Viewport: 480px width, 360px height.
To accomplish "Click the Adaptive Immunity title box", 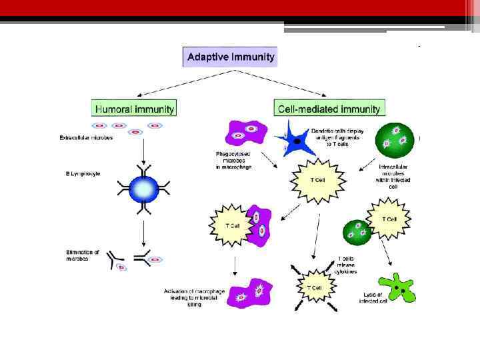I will point(230,57).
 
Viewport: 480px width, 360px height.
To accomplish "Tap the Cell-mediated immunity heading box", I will point(329,108).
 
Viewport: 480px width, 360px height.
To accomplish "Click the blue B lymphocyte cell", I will point(143,189).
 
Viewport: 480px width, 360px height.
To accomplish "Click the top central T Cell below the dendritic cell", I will point(317,179).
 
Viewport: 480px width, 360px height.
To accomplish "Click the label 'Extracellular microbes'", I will point(85,139).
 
